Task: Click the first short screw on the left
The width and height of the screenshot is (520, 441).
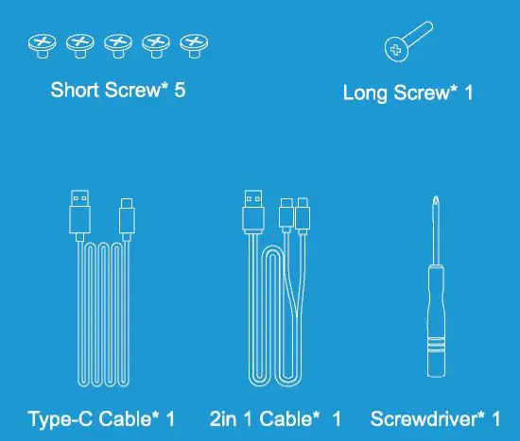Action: (x=41, y=42)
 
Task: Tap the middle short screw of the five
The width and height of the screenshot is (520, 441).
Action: (x=117, y=42)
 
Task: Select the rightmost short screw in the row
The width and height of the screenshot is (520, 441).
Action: (x=194, y=42)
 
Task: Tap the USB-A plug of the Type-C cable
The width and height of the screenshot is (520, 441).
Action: (x=81, y=213)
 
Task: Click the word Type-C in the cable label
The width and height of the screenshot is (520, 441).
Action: (x=60, y=418)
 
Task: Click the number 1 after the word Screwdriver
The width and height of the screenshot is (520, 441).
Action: (x=495, y=418)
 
